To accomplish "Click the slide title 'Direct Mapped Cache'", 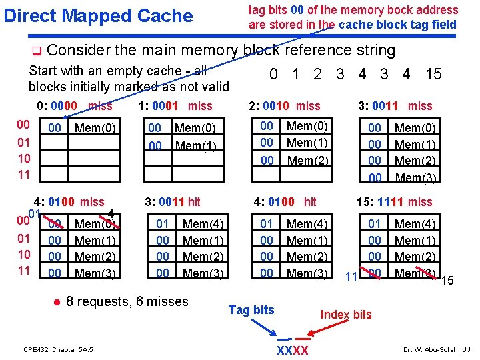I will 98,16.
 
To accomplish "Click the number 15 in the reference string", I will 433,74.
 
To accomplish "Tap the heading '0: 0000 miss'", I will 75,105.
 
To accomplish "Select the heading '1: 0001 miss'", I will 175,105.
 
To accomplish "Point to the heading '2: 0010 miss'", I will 284,105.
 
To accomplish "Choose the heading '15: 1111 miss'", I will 395,201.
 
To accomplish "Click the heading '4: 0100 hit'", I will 285,201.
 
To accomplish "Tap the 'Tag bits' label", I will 251,309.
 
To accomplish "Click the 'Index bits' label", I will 346,314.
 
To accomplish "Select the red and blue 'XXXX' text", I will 292,351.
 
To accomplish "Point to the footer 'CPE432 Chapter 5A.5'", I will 58,349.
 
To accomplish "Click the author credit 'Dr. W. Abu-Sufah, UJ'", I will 437,349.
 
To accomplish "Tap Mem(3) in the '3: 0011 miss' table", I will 415,177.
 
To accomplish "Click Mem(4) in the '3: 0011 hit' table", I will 202,224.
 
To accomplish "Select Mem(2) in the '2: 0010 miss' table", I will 308,160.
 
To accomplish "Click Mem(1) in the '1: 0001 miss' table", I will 195,145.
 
